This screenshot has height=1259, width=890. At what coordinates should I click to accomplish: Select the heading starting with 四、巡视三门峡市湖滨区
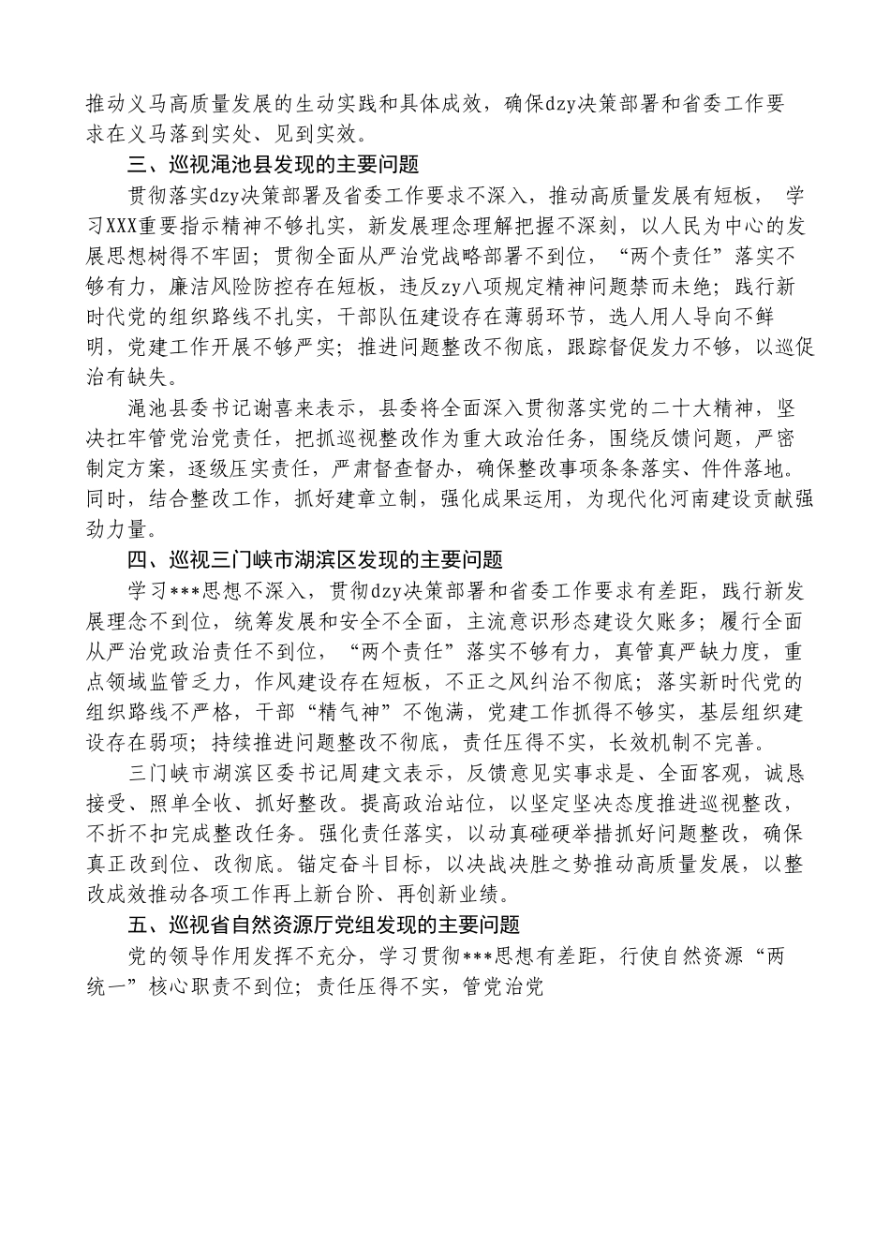pyautogui.click(x=315, y=560)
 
